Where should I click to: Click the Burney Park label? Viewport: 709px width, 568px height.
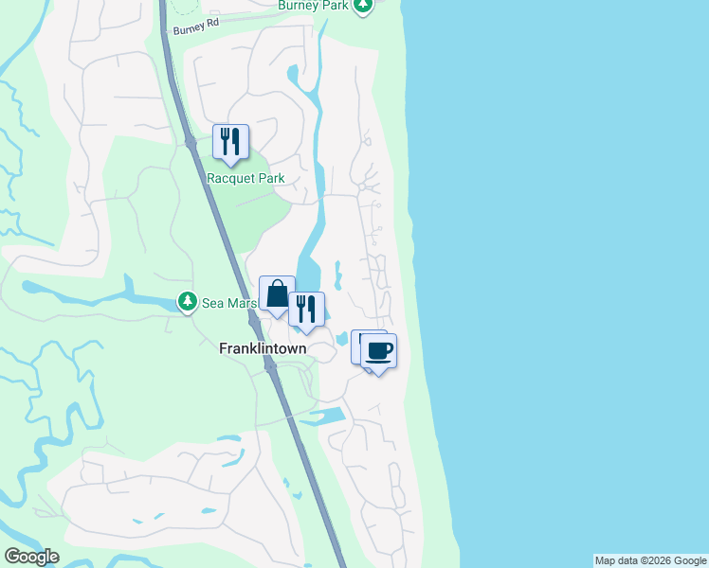312,6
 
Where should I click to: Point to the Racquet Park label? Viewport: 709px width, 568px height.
245,178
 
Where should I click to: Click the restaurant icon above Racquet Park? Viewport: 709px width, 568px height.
230,142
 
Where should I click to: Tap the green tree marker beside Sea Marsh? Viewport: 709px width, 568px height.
188,302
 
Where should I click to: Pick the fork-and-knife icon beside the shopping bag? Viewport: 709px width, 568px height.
305,310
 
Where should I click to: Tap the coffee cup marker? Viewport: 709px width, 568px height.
378,351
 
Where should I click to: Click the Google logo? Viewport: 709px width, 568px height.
31,557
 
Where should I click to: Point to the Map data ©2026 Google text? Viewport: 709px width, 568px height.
650,560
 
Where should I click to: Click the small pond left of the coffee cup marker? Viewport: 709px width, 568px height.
341,338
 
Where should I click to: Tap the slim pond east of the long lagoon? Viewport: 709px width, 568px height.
336,275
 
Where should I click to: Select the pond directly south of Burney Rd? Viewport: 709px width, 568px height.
293,74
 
